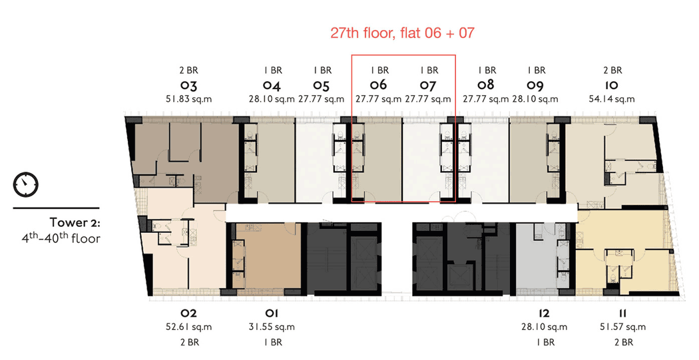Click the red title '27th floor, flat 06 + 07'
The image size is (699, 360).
point(402,33)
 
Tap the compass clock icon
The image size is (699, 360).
point(26,184)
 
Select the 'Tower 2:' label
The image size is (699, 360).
point(75,222)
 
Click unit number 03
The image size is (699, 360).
point(188,85)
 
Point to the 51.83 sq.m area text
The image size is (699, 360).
point(188,99)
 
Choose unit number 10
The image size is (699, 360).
point(612,85)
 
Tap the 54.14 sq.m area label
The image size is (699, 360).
point(612,99)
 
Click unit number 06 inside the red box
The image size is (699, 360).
point(378,85)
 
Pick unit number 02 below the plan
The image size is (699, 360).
point(188,313)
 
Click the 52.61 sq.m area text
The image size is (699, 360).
point(188,327)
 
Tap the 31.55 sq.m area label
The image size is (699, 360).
point(272,327)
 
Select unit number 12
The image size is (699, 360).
point(544,313)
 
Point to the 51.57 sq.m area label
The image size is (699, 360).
point(622,327)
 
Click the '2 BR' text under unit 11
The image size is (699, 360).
point(623,342)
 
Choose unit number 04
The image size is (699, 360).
point(272,85)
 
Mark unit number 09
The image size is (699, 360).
point(535,85)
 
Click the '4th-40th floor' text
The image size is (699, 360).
point(61,238)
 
